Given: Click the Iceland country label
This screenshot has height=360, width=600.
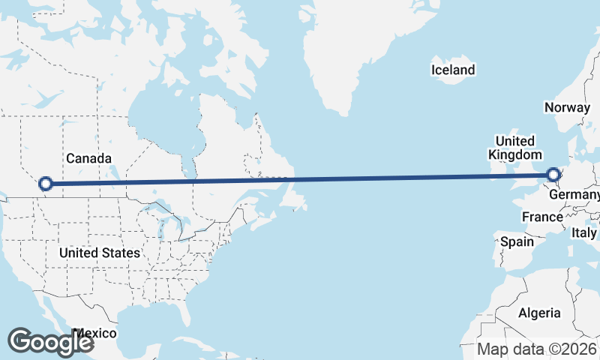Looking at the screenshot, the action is pyautogui.click(x=453, y=70).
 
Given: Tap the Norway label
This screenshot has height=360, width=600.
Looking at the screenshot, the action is pyautogui.click(x=568, y=107).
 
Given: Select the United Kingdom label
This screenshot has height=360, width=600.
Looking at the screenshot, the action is pyautogui.click(x=514, y=148).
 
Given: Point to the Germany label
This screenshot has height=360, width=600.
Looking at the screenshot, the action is pyautogui.click(x=574, y=195).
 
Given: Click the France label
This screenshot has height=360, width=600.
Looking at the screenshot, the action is pyautogui.click(x=542, y=217).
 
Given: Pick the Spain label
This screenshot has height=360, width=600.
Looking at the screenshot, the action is pyautogui.click(x=517, y=241).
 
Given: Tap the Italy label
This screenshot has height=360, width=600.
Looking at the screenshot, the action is pyautogui.click(x=584, y=233).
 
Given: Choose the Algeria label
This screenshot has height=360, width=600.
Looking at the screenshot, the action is pyautogui.click(x=539, y=313).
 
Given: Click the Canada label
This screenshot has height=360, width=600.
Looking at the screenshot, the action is pyautogui.click(x=88, y=158).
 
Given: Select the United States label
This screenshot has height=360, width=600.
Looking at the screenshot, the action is pyautogui.click(x=99, y=253).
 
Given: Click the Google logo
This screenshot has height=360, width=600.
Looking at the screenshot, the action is pyautogui.click(x=50, y=341).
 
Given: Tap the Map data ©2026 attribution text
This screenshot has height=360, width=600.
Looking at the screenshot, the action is pyautogui.click(x=537, y=349).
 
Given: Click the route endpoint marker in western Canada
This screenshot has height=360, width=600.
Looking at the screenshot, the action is pyautogui.click(x=46, y=183).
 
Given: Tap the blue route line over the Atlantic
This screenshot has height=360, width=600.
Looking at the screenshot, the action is pyautogui.click(x=375, y=178).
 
